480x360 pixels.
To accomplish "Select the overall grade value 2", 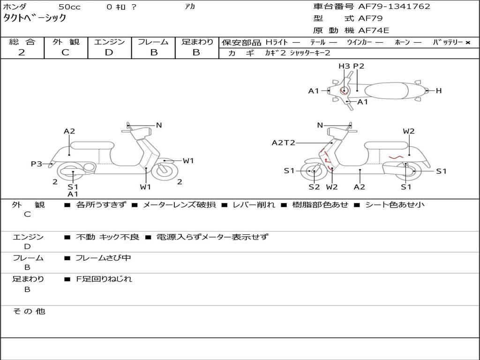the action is tap(22, 52).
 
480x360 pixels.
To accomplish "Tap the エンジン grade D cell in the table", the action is tap(109, 52).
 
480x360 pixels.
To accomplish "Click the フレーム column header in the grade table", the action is tap(153, 42).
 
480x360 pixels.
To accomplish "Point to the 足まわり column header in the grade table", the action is tap(197, 42).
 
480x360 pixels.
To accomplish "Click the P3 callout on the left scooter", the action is tap(36, 164).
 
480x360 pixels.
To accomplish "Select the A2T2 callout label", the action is tap(283, 143).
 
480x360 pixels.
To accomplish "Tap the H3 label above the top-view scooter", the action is tap(344, 66).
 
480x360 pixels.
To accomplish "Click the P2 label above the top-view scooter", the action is tap(359, 66).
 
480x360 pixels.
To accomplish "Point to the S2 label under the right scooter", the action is tap(314, 187).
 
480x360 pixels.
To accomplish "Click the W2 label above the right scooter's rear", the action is tap(409, 131).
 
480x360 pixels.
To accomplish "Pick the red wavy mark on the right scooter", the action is tap(396, 157).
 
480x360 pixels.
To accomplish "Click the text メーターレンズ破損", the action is tap(179, 205).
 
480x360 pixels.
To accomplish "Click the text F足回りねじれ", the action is tap(104, 279).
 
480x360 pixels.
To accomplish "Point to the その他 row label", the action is tap(29, 311).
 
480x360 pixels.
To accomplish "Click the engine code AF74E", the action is tap(373, 30).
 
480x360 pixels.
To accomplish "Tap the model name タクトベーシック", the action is tap(35, 18).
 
